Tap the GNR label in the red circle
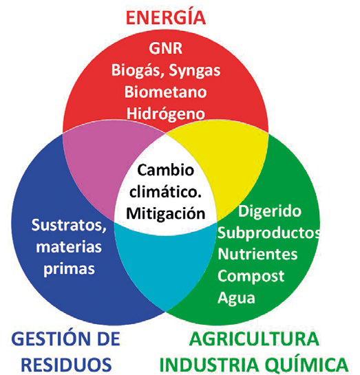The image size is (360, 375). (165, 48)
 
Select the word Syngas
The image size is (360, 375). (195, 71)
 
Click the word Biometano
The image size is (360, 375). (165, 92)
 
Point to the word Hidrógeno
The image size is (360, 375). (165, 114)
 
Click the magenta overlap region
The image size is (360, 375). (100, 165)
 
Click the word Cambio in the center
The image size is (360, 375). (165, 170)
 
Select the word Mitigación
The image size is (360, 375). (165, 213)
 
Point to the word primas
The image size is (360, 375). (69, 269)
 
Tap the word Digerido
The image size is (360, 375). (270, 211)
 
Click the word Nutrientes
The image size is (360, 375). (257, 254)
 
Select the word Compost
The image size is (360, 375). (251, 277)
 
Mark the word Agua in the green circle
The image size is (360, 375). (236, 298)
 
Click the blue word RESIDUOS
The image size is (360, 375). (66, 365)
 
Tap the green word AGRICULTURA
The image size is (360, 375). (254, 339)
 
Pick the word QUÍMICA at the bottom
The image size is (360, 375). (307, 365)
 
